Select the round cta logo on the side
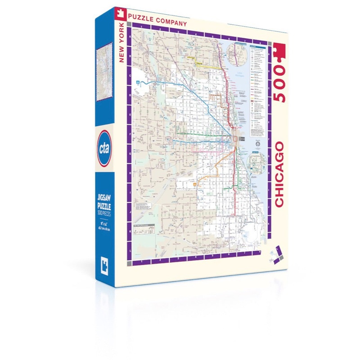point(103,143)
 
